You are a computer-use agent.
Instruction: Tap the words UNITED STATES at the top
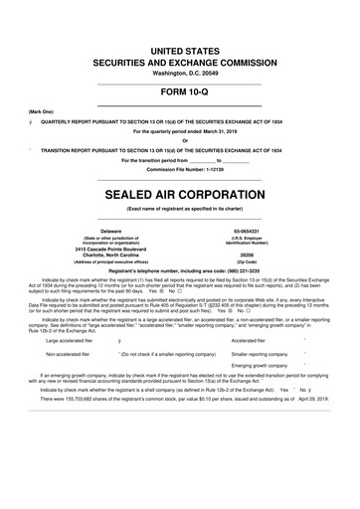[180, 50]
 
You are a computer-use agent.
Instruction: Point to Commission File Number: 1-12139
[180, 170]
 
